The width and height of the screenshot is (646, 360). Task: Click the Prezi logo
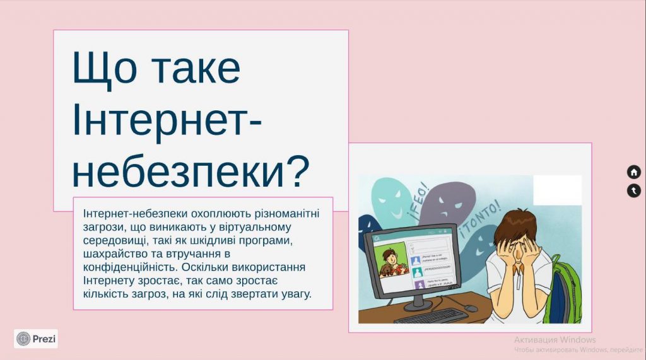36,339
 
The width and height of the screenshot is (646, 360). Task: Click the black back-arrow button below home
633,190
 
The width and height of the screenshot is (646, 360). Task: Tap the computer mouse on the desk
471,308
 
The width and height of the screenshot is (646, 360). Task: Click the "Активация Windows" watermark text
555,340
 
